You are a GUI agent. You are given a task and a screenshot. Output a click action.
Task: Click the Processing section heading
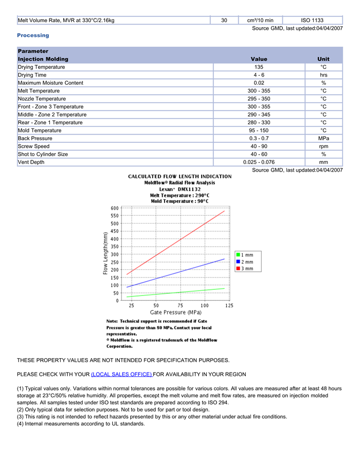33,35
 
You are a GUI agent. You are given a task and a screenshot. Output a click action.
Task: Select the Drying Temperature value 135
259,67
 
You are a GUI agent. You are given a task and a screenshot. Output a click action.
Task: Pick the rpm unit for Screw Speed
323,146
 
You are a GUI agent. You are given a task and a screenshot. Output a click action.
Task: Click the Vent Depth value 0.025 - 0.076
259,162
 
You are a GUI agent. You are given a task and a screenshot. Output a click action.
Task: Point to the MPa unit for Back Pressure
323,139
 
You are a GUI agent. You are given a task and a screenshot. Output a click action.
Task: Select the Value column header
259,59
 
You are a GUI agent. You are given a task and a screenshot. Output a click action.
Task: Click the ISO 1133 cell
312,21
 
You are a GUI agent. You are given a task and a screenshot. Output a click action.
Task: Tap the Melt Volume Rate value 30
224,21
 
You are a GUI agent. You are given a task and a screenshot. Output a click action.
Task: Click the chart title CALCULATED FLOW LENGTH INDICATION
179,176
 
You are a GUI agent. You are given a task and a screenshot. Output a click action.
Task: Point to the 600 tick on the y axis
115,208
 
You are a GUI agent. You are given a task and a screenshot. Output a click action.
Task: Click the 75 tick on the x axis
180,305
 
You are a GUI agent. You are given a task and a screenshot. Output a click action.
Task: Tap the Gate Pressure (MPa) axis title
175,312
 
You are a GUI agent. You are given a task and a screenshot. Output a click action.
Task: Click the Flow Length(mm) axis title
105,253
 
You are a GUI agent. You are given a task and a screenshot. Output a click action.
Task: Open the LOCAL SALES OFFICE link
121,374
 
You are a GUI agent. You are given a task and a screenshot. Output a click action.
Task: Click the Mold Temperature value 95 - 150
259,131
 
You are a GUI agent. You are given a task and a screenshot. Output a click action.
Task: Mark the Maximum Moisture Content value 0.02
259,83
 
